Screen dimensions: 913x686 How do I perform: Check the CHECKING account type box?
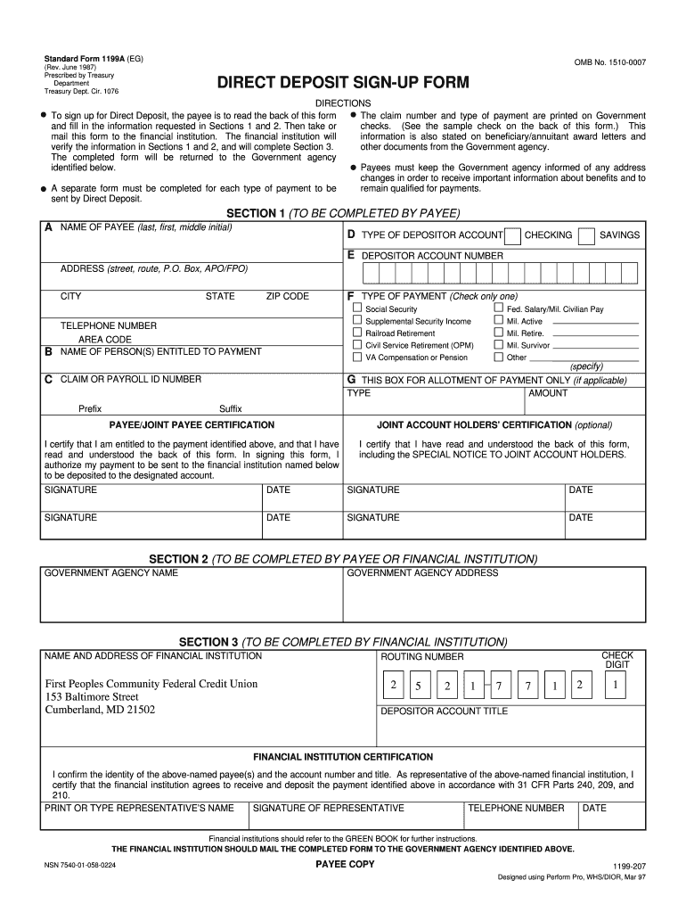point(512,236)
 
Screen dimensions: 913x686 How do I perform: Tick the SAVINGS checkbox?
point(586,236)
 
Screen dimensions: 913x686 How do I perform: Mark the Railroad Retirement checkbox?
point(357,333)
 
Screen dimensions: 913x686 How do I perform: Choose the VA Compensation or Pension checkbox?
point(357,357)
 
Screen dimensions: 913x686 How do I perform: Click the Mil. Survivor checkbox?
point(498,344)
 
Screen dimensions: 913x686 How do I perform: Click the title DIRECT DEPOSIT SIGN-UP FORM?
point(343,84)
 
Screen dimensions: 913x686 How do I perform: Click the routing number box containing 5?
point(416,687)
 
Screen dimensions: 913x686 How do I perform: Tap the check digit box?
point(615,686)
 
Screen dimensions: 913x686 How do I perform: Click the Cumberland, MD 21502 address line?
point(100,710)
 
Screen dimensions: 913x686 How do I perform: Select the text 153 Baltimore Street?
point(92,696)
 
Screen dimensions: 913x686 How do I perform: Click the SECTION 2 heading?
point(343,559)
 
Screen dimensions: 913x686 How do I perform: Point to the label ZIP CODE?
point(287,296)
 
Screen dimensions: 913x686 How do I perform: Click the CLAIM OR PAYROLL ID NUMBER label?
point(130,379)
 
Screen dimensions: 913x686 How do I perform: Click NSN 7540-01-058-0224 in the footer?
point(92,865)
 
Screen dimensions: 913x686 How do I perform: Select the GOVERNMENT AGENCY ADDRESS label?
point(422,572)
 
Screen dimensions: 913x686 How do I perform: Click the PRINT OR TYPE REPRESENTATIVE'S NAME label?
point(139,808)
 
